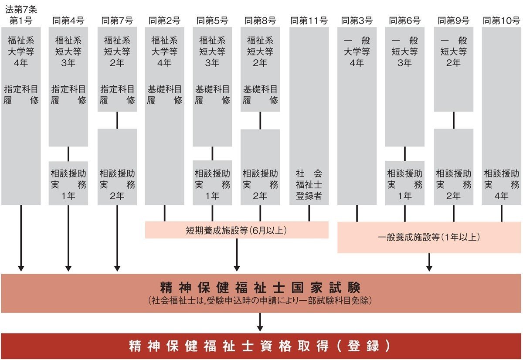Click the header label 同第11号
[309, 20]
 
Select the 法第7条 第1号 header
[20, 15]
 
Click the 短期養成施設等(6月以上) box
[236, 230]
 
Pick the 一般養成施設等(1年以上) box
[429, 237]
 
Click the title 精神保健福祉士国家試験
[261, 288]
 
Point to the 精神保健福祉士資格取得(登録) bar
[261, 346]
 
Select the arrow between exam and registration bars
[260, 323]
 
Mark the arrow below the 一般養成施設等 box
[429, 262]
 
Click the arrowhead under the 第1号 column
[20, 268]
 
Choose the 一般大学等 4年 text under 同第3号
[357, 51]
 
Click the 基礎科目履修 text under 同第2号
[164, 95]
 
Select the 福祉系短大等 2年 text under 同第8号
[260, 51]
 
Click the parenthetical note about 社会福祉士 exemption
[261, 301]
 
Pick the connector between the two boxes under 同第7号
[117, 120]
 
